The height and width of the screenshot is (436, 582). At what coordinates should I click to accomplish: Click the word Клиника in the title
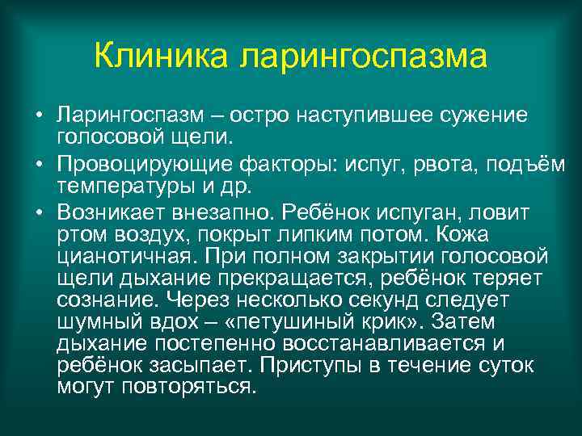click(162, 57)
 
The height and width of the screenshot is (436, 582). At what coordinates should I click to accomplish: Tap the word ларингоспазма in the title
click(364, 57)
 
